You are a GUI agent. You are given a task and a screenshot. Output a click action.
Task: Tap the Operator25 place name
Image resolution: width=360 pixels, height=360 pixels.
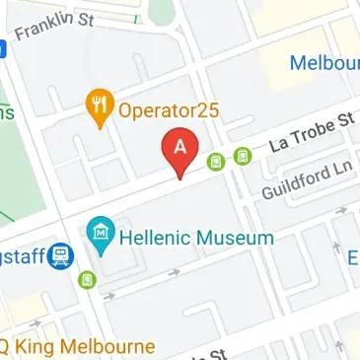click(x=164, y=108)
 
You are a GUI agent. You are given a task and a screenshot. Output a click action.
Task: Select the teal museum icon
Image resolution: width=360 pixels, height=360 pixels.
click(x=99, y=235)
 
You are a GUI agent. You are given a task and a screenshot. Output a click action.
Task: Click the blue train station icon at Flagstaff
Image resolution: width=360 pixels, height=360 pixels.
click(x=62, y=256)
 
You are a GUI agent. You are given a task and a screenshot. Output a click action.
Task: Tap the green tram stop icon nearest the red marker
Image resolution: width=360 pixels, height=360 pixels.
click(x=216, y=161)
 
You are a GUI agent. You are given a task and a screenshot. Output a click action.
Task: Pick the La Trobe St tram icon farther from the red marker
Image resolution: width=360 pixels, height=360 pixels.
click(x=243, y=154)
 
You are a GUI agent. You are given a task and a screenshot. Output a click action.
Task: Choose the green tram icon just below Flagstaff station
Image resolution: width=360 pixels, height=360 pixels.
click(x=89, y=279)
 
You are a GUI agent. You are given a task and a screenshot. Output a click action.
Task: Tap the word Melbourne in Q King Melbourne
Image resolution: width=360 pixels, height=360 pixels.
click(x=111, y=346)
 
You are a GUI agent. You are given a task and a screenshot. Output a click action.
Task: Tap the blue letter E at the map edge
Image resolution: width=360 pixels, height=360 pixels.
click(x=352, y=257)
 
